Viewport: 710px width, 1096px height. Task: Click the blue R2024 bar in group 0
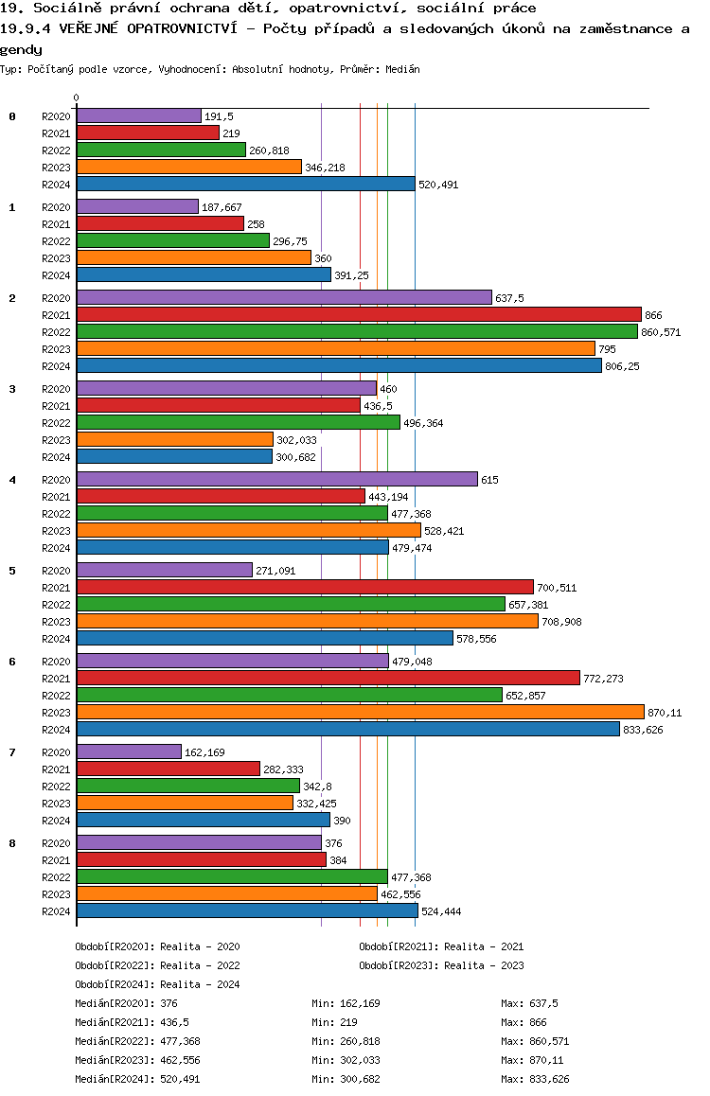coord(245,185)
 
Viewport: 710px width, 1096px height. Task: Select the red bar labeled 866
coord(359,314)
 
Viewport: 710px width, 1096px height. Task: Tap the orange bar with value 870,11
coord(360,712)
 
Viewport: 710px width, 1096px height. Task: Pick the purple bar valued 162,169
coord(129,751)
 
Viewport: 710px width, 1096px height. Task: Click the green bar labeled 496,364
coord(238,422)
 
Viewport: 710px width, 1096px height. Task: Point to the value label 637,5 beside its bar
coord(509,298)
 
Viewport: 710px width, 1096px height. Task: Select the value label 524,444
coord(440,911)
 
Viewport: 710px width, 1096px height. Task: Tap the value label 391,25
coord(351,275)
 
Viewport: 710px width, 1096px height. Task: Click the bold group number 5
coord(12,571)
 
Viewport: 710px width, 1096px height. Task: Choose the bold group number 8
coord(12,843)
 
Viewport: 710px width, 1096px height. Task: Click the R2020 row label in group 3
coord(57,389)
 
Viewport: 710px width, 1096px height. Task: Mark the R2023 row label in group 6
coord(57,713)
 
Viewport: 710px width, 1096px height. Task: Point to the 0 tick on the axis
coord(77,97)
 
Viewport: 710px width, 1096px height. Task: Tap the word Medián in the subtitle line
coord(402,70)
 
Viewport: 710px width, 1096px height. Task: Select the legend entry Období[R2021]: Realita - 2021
coord(441,946)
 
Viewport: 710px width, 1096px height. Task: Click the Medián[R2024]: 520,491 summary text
coord(137,1079)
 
